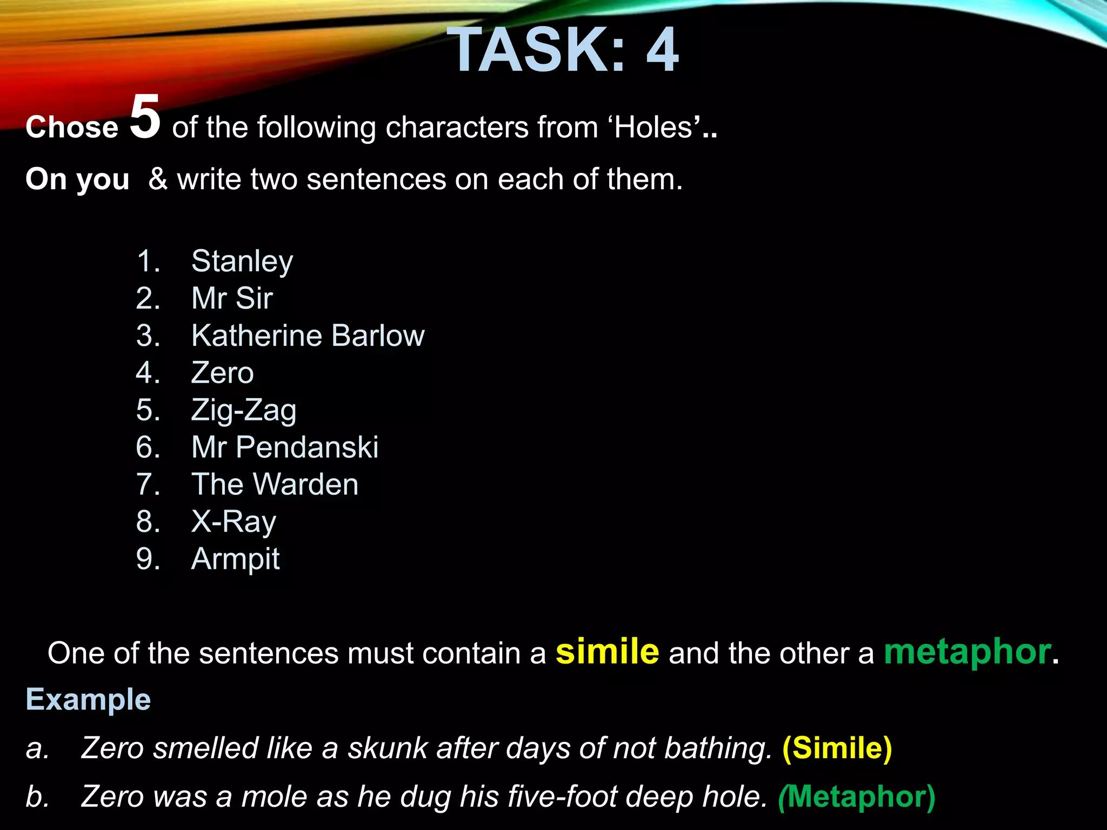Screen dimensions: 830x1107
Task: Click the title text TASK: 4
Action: pos(562,50)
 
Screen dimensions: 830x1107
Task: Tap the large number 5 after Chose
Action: pos(145,116)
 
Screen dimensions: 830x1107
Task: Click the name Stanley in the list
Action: pos(242,262)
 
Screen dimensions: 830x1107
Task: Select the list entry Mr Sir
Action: pos(232,298)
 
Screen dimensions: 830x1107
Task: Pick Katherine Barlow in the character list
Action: pos(308,336)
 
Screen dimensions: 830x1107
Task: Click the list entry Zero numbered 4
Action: pos(222,373)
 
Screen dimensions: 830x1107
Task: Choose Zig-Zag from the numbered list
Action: pos(244,410)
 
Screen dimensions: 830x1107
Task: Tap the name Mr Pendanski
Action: pos(285,447)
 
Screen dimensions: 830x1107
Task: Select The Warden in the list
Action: pos(275,484)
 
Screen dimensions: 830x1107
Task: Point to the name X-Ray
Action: pos(234,521)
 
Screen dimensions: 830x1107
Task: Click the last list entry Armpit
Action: pos(235,559)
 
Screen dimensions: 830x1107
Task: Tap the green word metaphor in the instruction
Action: pos(967,652)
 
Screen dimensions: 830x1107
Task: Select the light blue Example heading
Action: pos(88,700)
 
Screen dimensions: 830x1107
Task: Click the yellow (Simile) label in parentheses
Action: pos(837,748)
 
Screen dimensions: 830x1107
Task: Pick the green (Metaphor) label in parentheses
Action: pos(856,796)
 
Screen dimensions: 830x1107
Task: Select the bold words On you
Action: pos(77,179)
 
